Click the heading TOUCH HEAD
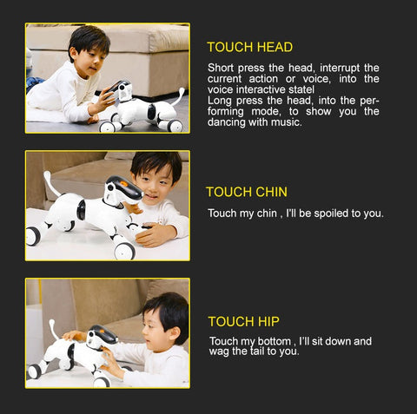(250, 47)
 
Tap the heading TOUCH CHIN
(247, 192)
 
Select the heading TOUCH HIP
(244, 321)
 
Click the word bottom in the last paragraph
(275, 341)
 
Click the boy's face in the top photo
(93, 62)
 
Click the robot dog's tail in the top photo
(179, 96)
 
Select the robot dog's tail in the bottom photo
(54, 329)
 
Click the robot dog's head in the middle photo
(123, 191)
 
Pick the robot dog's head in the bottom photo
(102, 338)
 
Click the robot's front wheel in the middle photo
(125, 250)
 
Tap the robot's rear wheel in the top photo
(175, 126)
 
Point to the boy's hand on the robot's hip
(75, 335)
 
